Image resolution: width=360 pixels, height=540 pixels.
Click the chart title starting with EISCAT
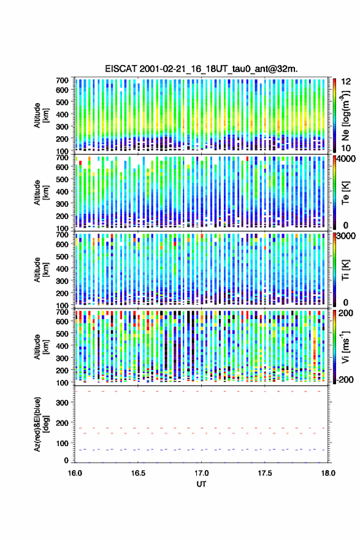[201, 69]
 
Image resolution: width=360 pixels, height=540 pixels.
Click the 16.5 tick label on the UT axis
[138, 473]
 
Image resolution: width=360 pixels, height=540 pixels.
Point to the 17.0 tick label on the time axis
[201, 473]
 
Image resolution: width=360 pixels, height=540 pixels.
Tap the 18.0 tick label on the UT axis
[328, 473]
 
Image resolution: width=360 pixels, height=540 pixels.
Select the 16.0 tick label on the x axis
[75, 473]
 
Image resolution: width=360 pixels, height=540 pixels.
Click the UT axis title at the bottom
[201, 484]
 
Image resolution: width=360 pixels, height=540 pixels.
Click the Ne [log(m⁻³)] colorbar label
[345, 115]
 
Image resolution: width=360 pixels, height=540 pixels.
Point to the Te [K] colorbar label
[345, 193]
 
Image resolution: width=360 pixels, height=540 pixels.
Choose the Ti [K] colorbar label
[345, 270]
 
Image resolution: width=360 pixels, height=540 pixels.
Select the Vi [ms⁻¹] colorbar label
[345, 347]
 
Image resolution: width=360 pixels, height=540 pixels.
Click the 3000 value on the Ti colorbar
[346, 236]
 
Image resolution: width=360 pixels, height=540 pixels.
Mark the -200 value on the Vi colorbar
[345, 379]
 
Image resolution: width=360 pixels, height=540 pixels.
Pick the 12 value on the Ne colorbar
[347, 82]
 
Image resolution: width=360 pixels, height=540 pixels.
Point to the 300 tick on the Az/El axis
[62, 403]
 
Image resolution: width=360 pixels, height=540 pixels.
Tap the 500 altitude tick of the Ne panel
[62, 102]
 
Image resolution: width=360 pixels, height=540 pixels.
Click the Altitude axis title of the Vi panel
[41, 347]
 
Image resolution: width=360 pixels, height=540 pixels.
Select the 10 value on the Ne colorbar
[347, 148]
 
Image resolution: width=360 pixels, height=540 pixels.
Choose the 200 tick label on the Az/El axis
[62, 423]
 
